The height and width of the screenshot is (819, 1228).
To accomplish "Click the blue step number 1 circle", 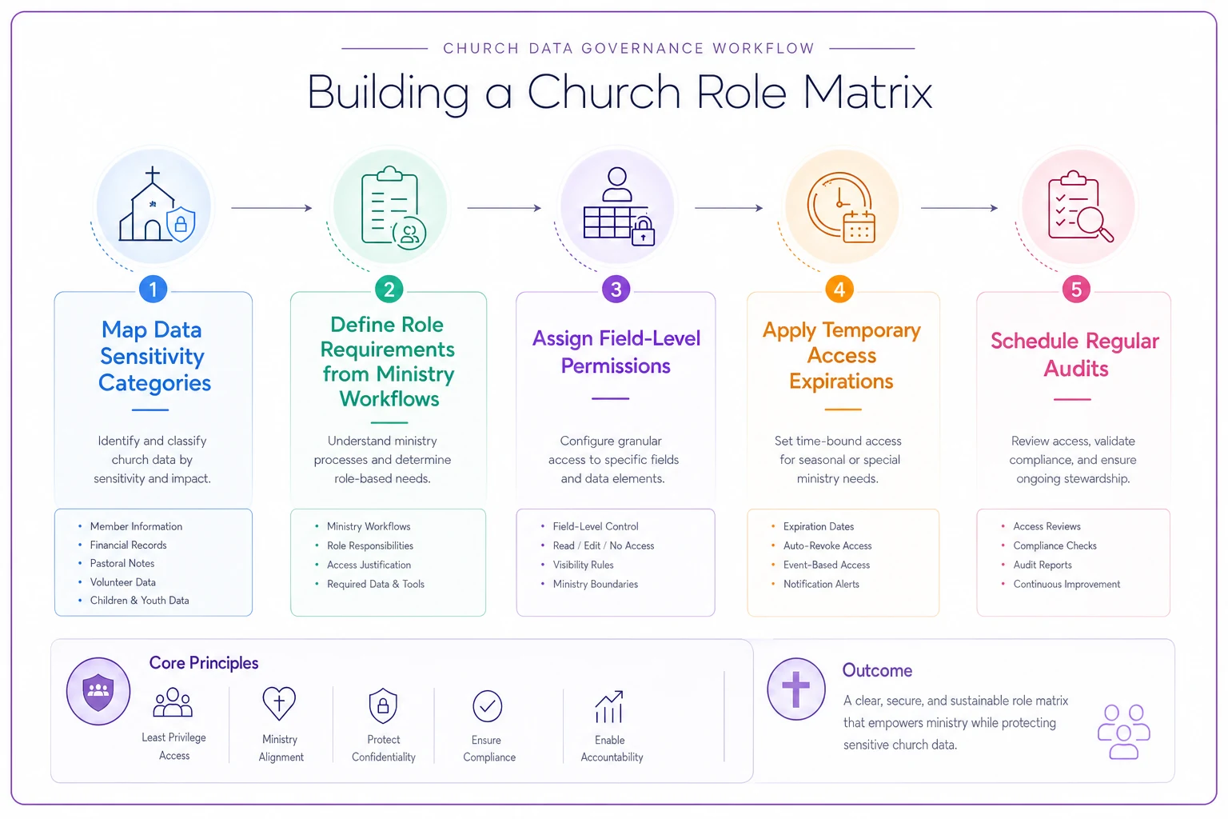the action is pyautogui.click(x=153, y=289).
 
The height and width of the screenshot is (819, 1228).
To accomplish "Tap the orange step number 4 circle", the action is pyautogui.click(x=839, y=289).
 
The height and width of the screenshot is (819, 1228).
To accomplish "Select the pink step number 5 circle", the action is pyautogui.click(x=1076, y=289).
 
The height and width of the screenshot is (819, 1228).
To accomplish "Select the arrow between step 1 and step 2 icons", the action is pyautogui.click(x=271, y=208).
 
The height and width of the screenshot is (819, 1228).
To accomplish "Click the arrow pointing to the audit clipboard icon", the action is pyautogui.click(x=959, y=208).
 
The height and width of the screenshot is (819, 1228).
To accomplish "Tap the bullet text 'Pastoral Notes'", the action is pyautogui.click(x=122, y=563).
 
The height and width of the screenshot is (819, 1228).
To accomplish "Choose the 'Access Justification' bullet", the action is pyautogui.click(x=369, y=565).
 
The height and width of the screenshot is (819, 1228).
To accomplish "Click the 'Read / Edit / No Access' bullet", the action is pyautogui.click(x=604, y=545).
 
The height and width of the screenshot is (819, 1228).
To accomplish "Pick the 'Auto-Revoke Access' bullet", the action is pyautogui.click(x=827, y=545).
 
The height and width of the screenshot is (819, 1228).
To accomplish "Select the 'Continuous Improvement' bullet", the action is pyautogui.click(x=1067, y=584).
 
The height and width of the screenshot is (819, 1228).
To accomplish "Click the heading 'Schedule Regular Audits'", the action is pyautogui.click(x=1075, y=355).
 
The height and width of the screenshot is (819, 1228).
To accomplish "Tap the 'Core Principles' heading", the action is pyautogui.click(x=203, y=663).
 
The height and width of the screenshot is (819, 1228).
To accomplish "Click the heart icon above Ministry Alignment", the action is pyautogui.click(x=279, y=703).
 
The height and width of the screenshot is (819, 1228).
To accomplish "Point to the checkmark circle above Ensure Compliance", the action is pyautogui.click(x=488, y=706).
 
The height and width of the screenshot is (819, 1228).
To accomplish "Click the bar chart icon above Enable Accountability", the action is pyautogui.click(x=609, y=706).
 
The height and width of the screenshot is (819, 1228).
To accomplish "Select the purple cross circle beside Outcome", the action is pyautogui.click(x=796, y=689).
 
